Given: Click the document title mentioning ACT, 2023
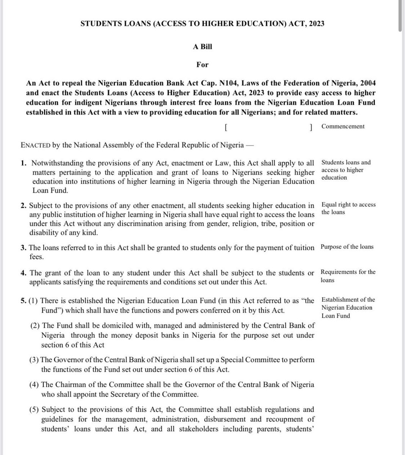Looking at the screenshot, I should (202, 24).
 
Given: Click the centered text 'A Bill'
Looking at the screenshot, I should (202, 46).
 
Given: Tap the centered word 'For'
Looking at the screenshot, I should (202, 64).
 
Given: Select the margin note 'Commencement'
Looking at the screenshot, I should (342, 127).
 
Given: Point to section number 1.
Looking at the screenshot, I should (24, 163).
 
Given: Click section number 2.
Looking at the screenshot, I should (23, 206).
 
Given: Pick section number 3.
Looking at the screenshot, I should (23, 248).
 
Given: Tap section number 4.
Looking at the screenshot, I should (23, 273).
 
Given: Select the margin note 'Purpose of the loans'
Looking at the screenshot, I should (347, 247).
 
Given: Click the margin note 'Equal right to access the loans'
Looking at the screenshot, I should (348, 208).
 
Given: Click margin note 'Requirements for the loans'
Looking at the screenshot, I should (348, 276).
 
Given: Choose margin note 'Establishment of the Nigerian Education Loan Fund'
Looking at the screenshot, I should (347, 308).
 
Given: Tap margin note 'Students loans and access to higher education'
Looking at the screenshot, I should (346, 170).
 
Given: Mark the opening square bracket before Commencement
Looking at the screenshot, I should (226, 128).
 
